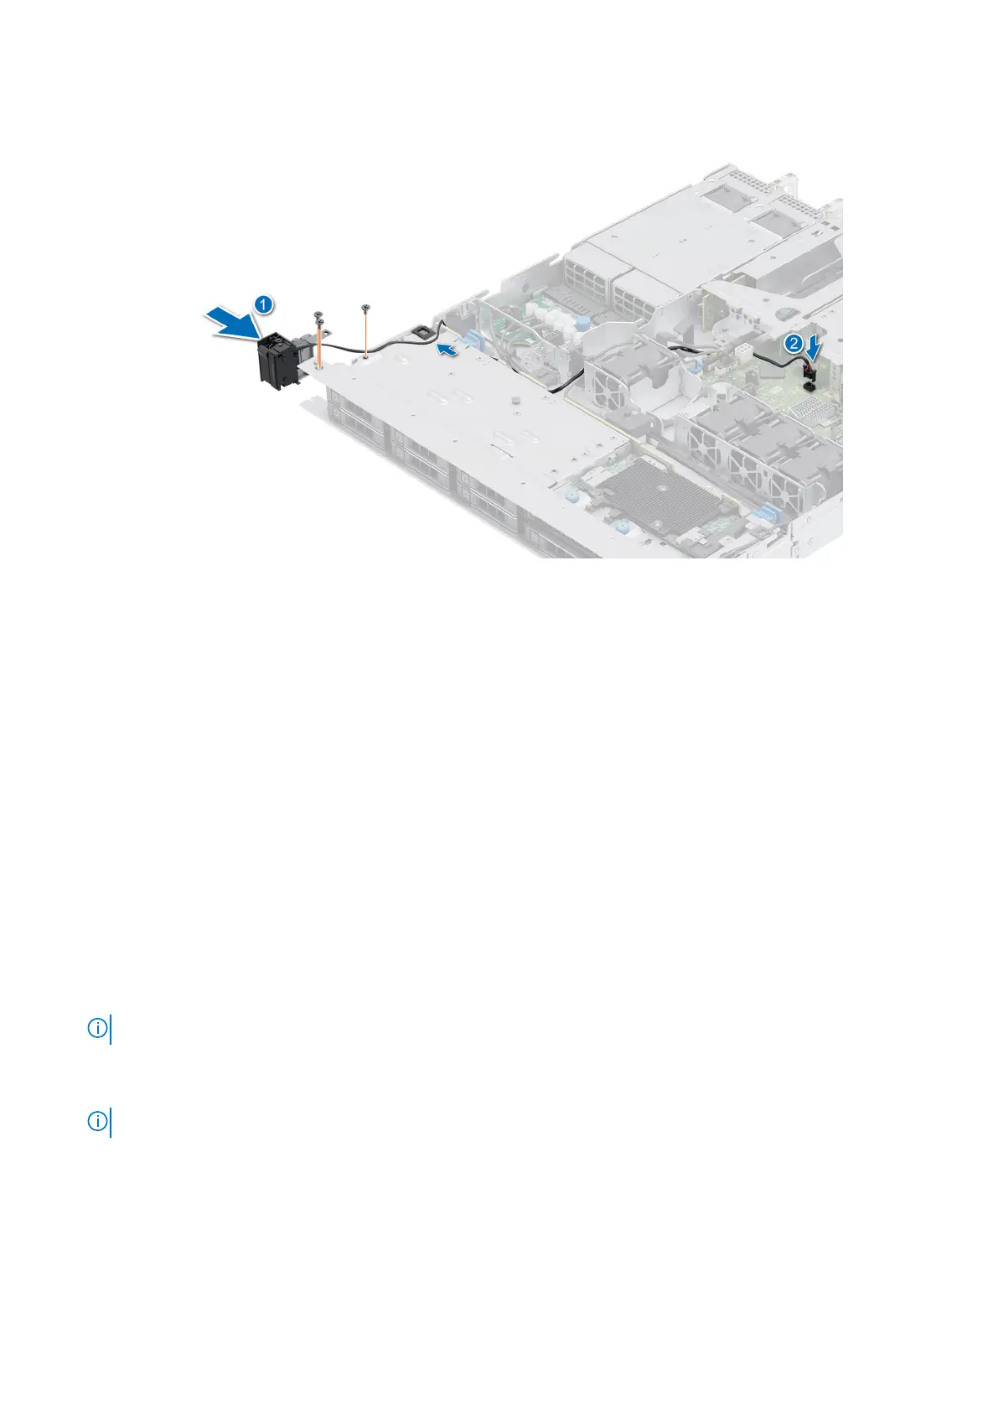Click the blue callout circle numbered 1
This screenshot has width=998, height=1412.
click(262, 305)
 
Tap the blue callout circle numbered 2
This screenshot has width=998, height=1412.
click(793, 343)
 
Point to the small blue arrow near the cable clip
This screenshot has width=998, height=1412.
click(450, 349)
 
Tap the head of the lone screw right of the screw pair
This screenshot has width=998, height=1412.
click(365, 311)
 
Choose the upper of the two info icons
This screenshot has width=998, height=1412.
click(97, 1028)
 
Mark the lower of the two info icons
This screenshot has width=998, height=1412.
click(97, 1122)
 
